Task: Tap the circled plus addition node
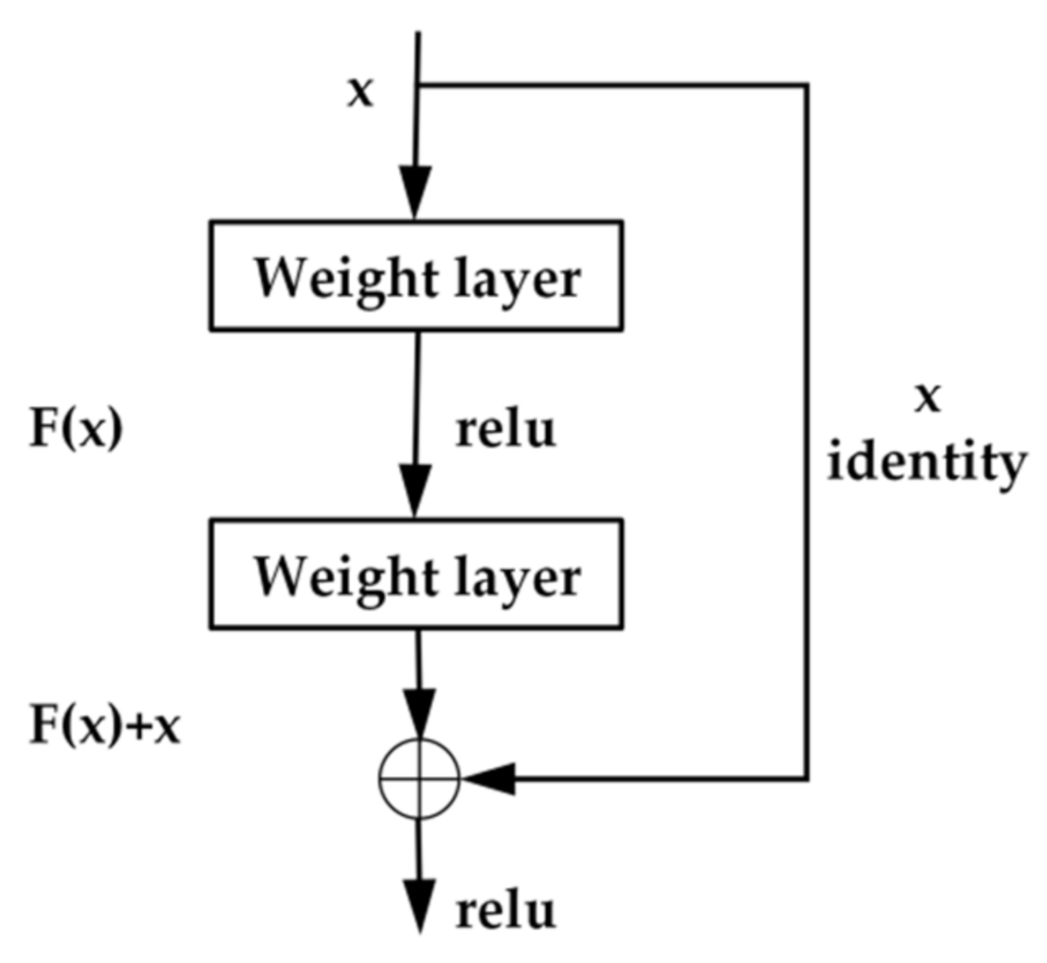(419, 779)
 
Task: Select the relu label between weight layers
(506, 430)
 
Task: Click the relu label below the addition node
(506, 910)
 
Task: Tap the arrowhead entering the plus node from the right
(485, 779)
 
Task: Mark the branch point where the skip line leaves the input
(418, 85)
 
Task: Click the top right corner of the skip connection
(808, 85)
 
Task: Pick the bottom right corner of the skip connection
(808, 779)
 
